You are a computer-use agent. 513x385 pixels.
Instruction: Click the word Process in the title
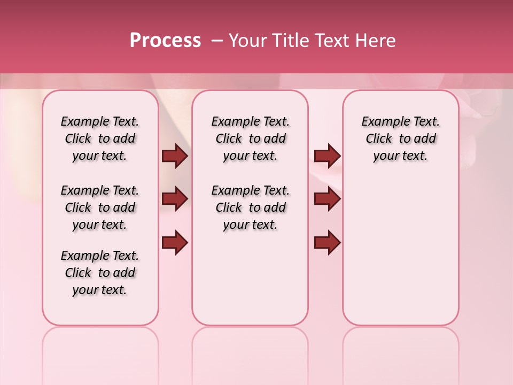pyautogui.click(x=165, y=41)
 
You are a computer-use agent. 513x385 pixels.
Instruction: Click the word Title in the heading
pyautogui.click(x=287, y=41)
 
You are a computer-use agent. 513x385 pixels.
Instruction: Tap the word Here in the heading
pyautogui.click(x=375, y=41)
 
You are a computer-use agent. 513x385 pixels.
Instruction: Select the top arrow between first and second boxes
pyautogui.click(x=175, y=156)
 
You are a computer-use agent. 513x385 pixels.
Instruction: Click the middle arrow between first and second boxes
pyautogui.click(x=175, y=199)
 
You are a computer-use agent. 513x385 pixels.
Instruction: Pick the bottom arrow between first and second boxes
pyautogui.click(x=175, y=243)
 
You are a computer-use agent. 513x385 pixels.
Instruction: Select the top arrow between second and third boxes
pyautogui.click(x=327, y=156)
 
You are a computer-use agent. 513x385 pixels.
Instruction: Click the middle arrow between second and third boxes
pyautogui.click(x=327, y=199)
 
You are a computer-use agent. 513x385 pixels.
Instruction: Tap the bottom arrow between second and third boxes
pyautogui.click(x=327, y=243)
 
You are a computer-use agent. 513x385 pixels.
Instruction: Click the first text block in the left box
pyautogui.click(x=100, y=138)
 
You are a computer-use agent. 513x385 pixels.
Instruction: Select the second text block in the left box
pyautogui.click(x=100, y=207)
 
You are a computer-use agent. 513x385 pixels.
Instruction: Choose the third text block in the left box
pyautogui.click(x=100, y=273)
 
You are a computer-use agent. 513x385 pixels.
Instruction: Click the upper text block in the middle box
pyautogui.click(x=251, y=138)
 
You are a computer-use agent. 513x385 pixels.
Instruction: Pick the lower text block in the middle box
pyautogui.click(x=251, y=207)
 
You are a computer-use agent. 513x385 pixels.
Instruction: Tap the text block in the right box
pyautogui.click(x=401, y=138)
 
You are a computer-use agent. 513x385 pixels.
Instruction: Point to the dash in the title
pyautogui.click(x=217, y=41)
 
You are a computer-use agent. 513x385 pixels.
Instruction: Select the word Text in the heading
pyautogui.click(x=332, y=41)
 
